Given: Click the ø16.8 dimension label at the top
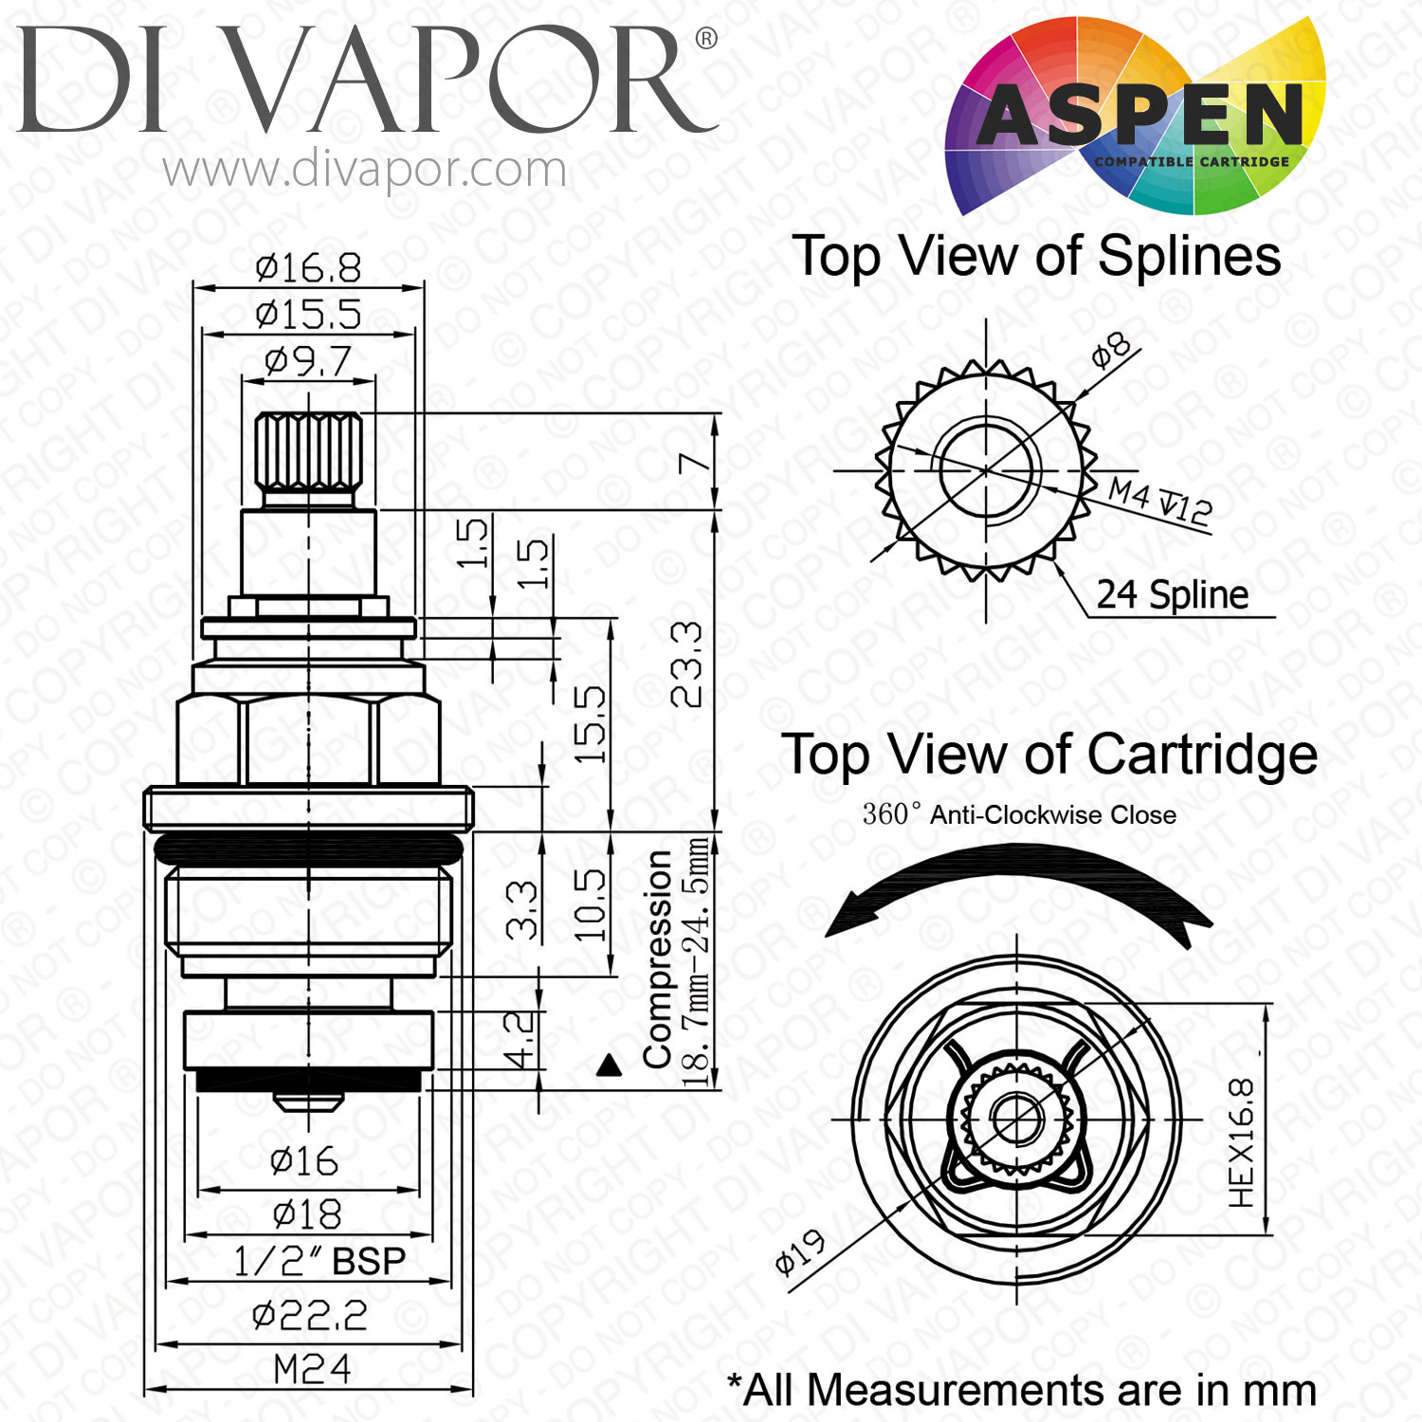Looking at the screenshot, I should click(308, 268).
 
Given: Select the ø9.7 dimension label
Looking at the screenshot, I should click(308, 361).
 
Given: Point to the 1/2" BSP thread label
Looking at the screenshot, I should click(319, 1262).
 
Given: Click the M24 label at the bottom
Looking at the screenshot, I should click(312, 1369).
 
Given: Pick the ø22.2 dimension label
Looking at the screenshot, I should click(310, 1315).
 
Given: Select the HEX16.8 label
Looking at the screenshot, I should click(1241, 1142).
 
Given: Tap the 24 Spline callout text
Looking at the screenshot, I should click(1173, 595).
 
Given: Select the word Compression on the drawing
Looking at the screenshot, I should click(657, 958).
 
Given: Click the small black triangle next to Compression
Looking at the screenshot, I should click(610, 1066).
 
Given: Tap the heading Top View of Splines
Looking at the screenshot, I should click(1038, 256).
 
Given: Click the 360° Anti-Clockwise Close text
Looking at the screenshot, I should click(1019, 814).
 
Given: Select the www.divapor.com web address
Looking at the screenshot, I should click(364, 171).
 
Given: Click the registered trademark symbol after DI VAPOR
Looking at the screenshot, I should click(706, 39).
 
